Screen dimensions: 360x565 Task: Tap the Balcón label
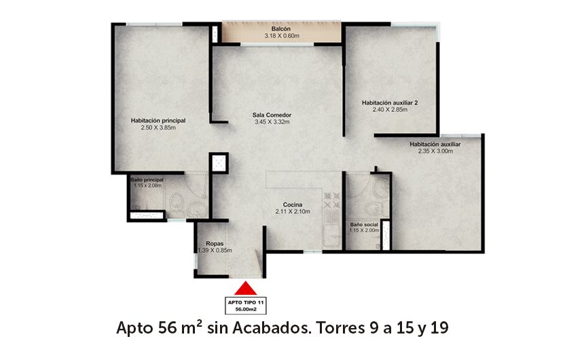tap(282, 29)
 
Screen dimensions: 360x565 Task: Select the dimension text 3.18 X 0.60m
tap(282, 35)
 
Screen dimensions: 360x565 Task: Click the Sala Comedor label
tap(272, 115)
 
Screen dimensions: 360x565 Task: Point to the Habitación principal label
tap(158, 120)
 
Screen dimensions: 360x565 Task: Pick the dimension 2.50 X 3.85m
tap(158, 127)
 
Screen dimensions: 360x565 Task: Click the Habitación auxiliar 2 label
tap(390, 103)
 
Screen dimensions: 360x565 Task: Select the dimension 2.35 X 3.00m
tap(435, 151)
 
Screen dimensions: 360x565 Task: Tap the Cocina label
tap(293, 204)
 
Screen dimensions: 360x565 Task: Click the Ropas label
tap(215, 243)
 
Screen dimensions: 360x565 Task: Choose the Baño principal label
tap(147, 179)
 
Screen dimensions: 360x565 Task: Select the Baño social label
tap(363, 223)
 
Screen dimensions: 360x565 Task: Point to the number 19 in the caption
tap(438, 329)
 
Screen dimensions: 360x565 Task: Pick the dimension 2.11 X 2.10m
tap(293, 212)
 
